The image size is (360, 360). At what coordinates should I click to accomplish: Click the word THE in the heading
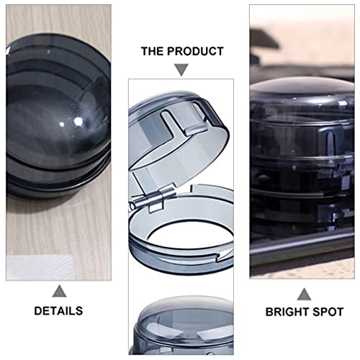tap(152, 51)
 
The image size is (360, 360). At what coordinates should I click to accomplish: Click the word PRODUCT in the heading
tap(195, 51)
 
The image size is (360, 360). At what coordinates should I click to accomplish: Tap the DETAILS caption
tap(58, 311)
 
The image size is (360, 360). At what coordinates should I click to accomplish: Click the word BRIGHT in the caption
tap(283, 312)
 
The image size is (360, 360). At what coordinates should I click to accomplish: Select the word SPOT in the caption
tap(324, 312)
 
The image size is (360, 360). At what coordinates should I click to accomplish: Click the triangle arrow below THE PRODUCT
tap(181, 70)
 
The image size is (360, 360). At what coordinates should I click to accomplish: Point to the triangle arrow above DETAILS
tap(59, 291)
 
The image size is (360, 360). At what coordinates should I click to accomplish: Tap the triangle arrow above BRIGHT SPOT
tap(304, 294)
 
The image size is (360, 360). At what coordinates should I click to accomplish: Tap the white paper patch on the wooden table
tap(40, 268)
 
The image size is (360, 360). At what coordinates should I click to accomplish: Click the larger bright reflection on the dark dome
tap(78, 122)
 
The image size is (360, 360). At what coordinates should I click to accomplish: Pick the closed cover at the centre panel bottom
tap(182, 325)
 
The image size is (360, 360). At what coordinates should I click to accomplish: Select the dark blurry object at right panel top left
tap(264, 38)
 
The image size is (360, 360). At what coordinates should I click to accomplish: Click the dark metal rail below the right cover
tap(302, 247)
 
